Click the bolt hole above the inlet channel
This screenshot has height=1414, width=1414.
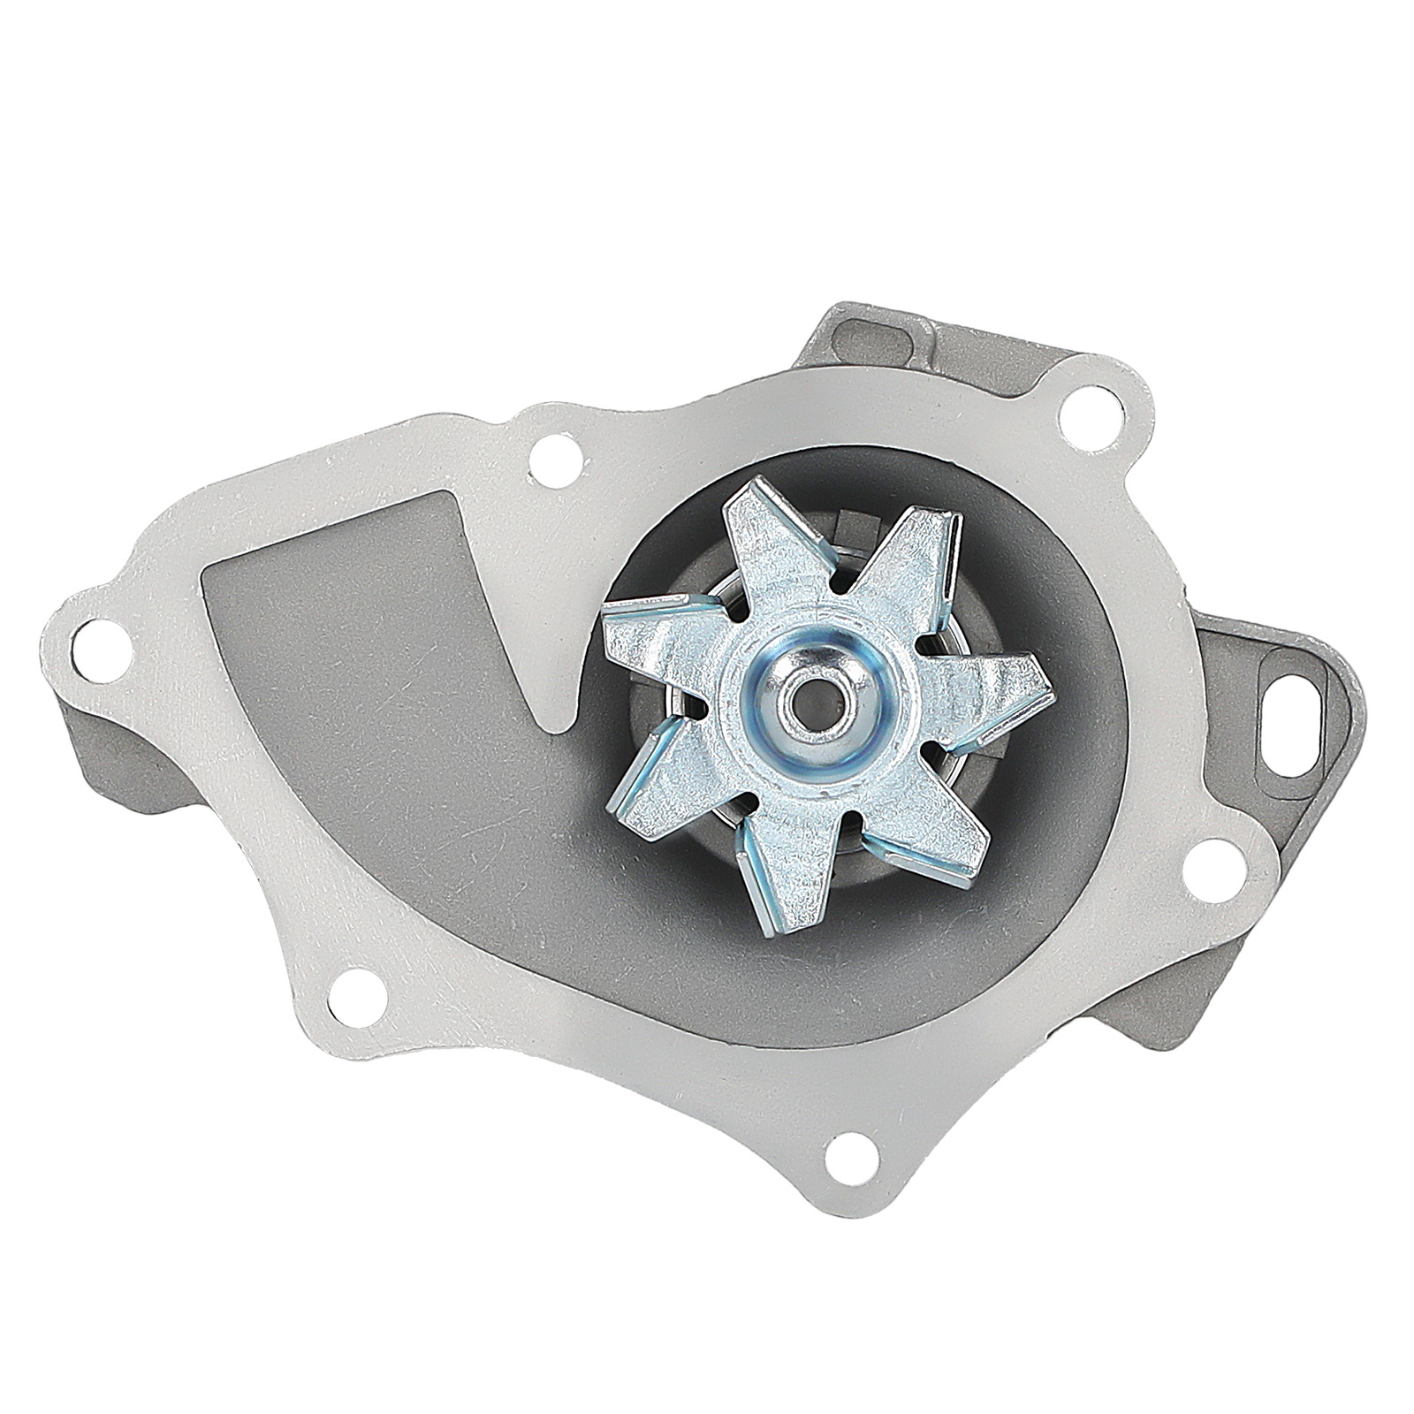[552, 454]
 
